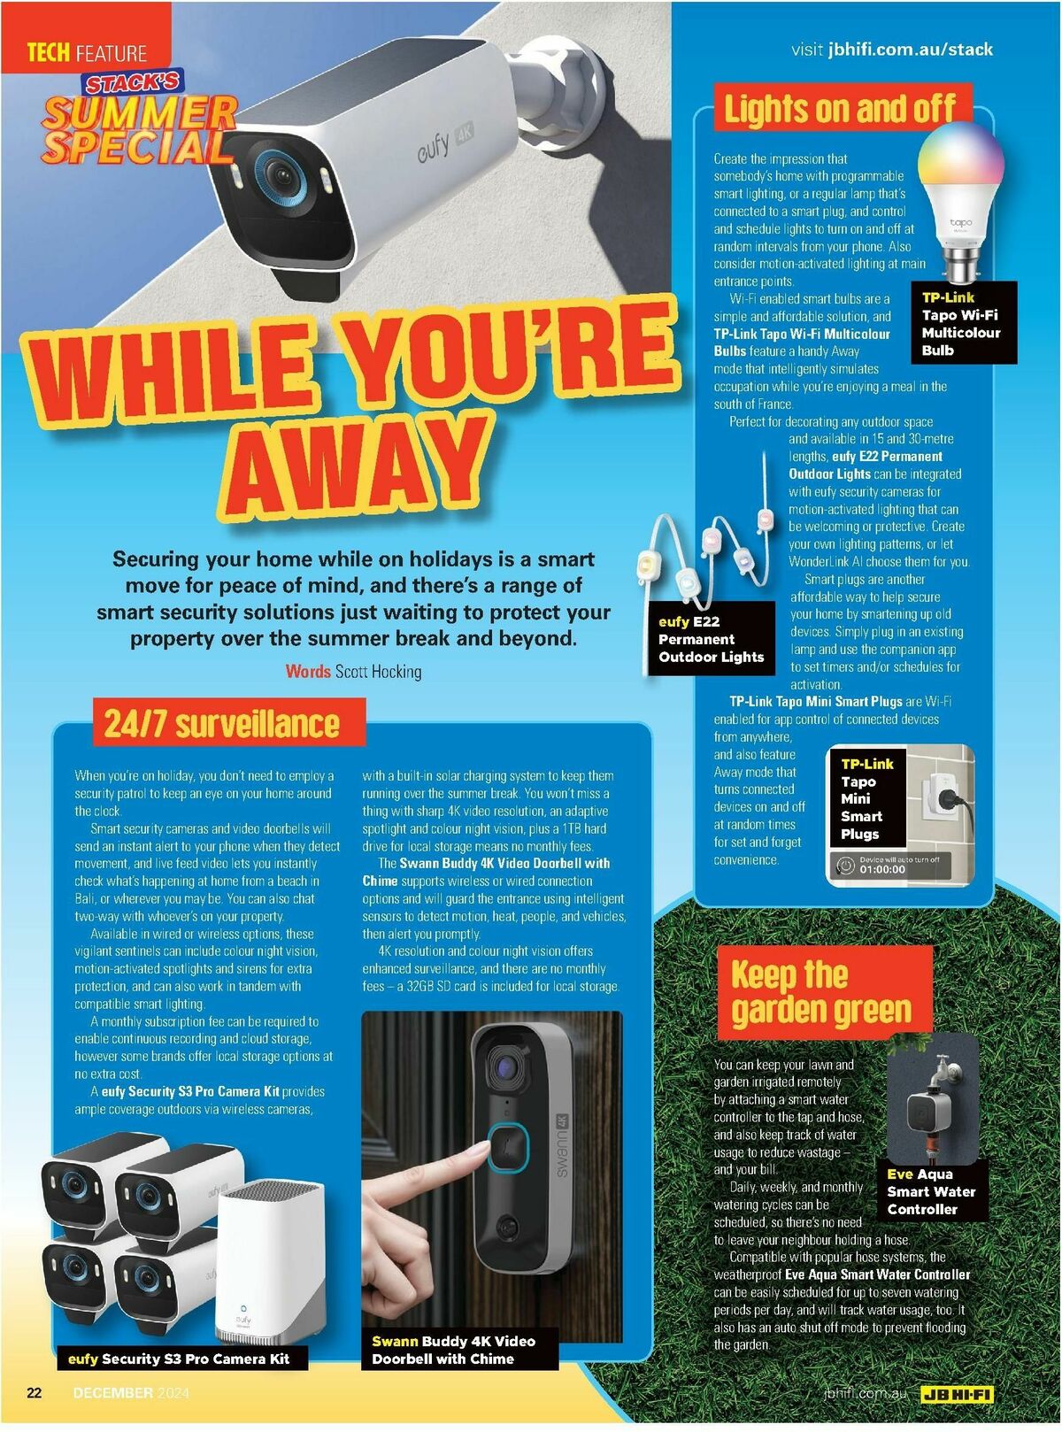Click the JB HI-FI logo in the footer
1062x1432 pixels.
[x=957, y=1394]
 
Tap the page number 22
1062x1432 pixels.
[x=35, y=1392]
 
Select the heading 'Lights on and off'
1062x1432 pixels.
[x=840, y=109]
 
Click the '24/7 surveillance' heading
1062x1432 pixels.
[x=222, y=723]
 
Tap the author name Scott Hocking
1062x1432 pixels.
[x=378, y=672]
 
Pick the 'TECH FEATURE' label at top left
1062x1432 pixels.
[x=86, y=53]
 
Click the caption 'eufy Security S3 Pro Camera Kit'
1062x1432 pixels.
[x=179, y=1359]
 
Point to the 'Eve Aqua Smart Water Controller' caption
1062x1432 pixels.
[x=931, y=1191]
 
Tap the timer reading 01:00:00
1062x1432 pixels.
[x=882, y=869]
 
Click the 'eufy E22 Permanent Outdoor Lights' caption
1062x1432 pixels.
[x=711, y=639]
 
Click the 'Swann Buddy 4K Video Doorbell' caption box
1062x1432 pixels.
[x=453, y=1350]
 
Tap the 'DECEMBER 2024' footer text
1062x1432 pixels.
[x=131, y=1392]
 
